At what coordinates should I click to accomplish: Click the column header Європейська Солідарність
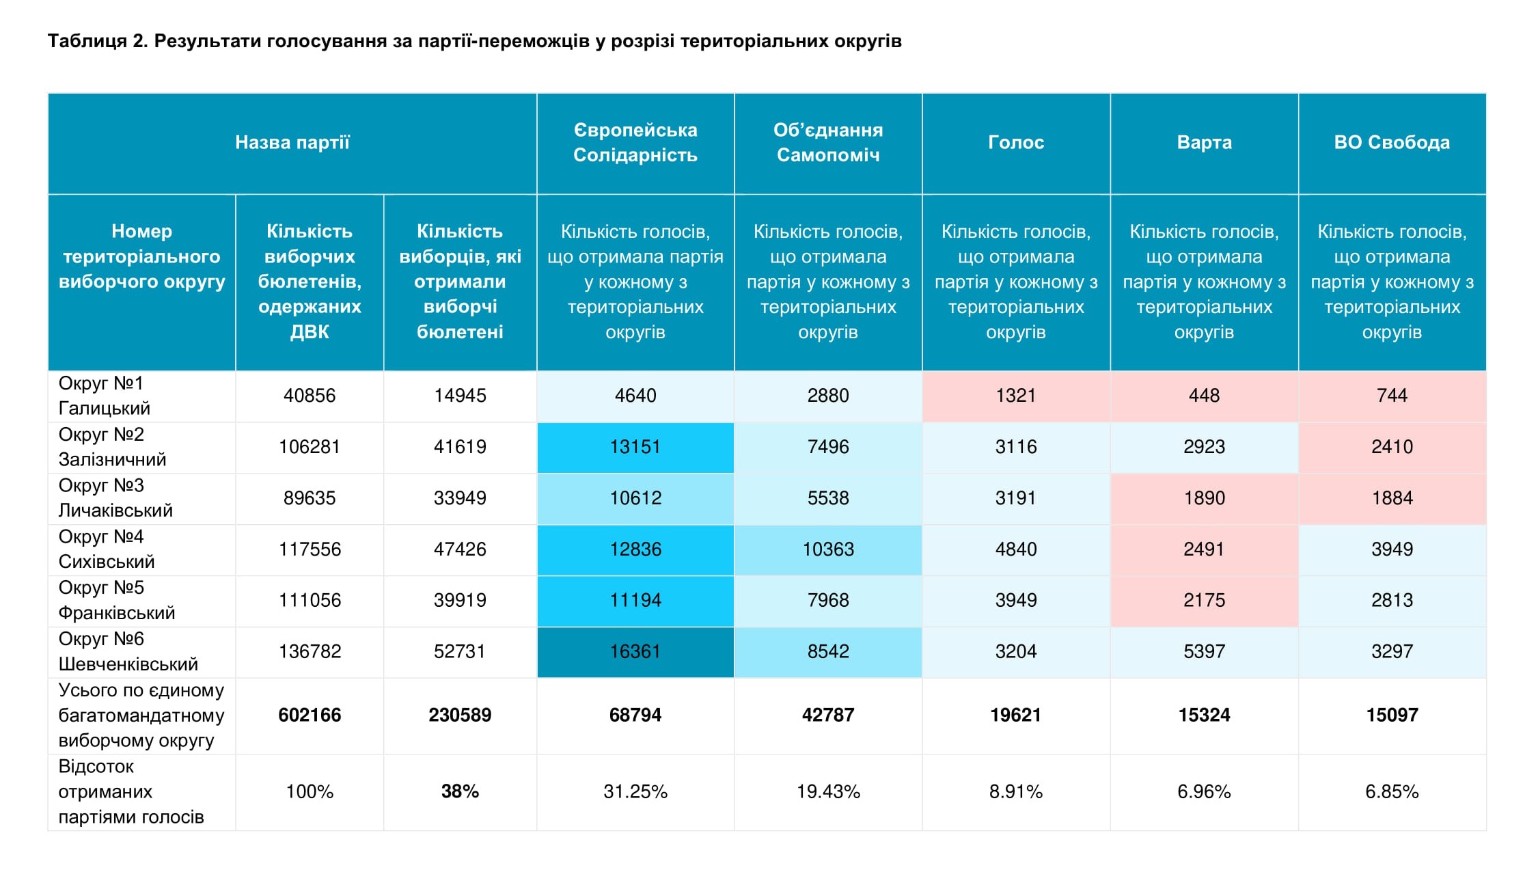pyautogui.click(x=635, y=142)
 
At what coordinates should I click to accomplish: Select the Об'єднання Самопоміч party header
pyautogui.click(x=827, y=142)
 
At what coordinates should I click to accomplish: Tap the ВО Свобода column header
pyautogui.click(x=1392, y=142)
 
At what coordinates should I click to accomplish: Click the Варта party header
pyautogui.click(x=1204, y=142)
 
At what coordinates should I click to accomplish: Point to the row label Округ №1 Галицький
pyautogui.click(x=105, y=396)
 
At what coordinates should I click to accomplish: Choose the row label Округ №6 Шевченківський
pyautogui.click(x=128, y=651)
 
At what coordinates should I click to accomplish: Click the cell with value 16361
pyautogui.click(x=635, y=651)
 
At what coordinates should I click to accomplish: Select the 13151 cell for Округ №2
pyautogui.click(x=635, y=447)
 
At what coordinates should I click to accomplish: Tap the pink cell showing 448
pyautogui.click(x=1204, y=396)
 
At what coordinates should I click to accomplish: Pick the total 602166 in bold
pyautogui.click(x=310, y=715)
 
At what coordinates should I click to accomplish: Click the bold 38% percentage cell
pyautogui.click(x=460, y=791)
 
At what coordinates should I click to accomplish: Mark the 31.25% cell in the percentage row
pyautogui.click(x=635, y=791)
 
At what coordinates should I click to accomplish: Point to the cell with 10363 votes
pyautogui.click(x=827, y=549)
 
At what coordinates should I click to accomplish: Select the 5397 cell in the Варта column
pyautogui.click(x=1204, y=651)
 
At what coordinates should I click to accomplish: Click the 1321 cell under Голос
pyautogui.click(x=1015, y=396)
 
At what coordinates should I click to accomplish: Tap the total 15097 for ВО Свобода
pyautogui.click(x=1392, y=715)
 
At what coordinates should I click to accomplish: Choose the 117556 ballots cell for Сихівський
pyautogui.click(x=310, y=549)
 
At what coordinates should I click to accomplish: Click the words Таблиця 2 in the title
pyautogui.click(x=97, y=41)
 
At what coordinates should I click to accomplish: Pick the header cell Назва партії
pyautogui.click(x=292, y=142)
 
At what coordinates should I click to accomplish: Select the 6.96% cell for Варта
pyautogui.click(x=1204, y=791)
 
